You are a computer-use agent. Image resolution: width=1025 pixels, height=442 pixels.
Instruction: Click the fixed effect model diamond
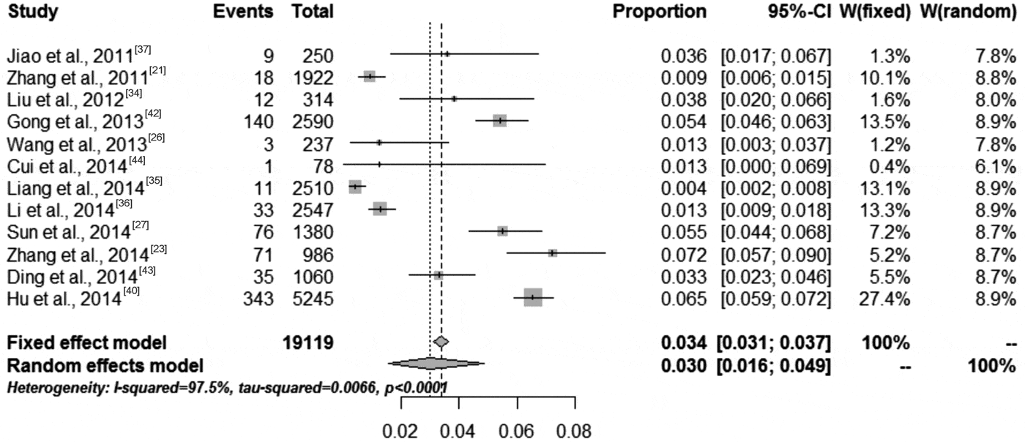click(x=441, y=342)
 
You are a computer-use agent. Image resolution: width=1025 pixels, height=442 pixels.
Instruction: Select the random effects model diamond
click(x=436, y=363)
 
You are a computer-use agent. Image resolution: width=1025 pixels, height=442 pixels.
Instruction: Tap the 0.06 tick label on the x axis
click(x=517, y=430)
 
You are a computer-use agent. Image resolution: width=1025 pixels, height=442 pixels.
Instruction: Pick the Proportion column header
click(x=660, y=12)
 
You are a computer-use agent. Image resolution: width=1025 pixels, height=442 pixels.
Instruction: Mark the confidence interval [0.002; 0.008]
click(x=776, y=188)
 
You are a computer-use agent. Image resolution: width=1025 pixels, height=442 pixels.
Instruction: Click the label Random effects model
click(x=104, y=364)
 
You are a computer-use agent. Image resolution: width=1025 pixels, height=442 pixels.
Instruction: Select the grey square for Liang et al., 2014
click(x=355, y=187)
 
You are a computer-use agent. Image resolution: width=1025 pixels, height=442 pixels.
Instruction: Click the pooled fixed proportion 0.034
click(x=684, y=342)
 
